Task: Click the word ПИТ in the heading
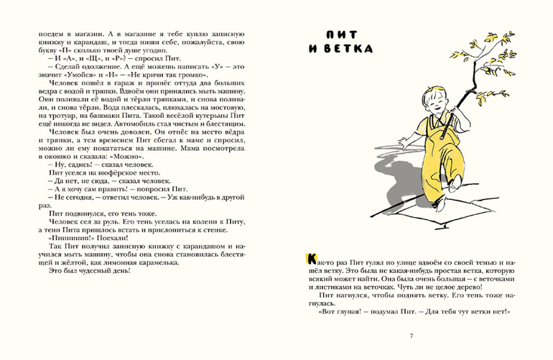336,34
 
